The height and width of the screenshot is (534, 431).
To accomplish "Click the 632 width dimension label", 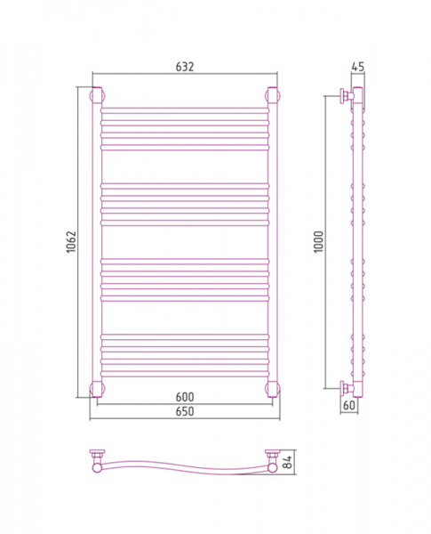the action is pyautogui.click(x=185, y=67).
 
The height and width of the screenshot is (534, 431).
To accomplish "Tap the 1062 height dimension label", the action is pyautogui.click(x=71, y=242).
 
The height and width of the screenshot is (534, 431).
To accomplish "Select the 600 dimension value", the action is pyautogui.click(x=185, y=397).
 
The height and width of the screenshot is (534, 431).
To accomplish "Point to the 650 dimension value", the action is pyautogui.click(x=185, y=411).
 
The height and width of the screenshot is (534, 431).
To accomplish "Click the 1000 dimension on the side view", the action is pyautogui.click(x=318, y=242).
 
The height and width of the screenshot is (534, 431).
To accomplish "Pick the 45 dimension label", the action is pyautogui.click(x=357, y=67).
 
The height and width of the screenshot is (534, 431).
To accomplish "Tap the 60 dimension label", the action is pyautogui.click(x=349, y=405).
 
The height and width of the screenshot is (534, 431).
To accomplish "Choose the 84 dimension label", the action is pyautogui.click(x=288, y=462).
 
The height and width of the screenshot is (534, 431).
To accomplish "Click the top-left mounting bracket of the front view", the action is pyautogui.click(x=97, y=95).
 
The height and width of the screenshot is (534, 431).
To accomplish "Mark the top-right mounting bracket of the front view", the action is pyautogui.click(x=273, y=95).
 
